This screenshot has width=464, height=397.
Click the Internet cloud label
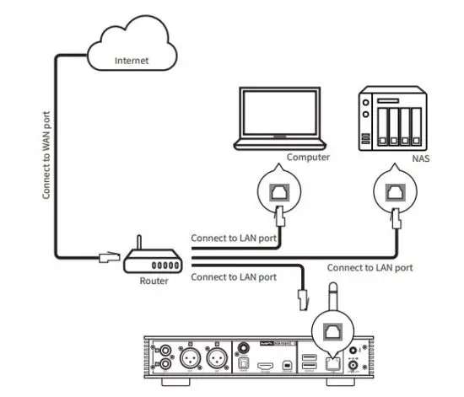click(x=132, y=61)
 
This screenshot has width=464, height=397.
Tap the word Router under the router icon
click(x=154, y=281)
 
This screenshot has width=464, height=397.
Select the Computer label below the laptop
click(x=308, y=157)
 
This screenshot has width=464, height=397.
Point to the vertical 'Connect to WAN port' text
click(x=45, y=152)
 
